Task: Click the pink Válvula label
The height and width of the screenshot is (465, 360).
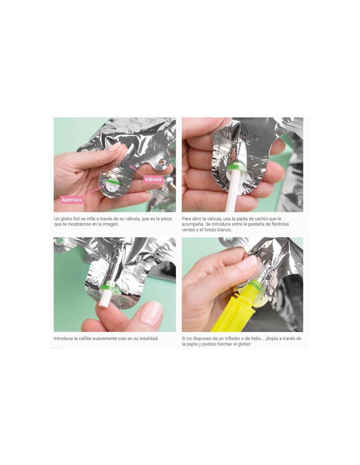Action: tap(153, 179)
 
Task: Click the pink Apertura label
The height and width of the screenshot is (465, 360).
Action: tap(72, 200)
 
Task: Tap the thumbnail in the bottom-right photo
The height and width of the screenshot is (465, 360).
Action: tap(248, 264)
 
